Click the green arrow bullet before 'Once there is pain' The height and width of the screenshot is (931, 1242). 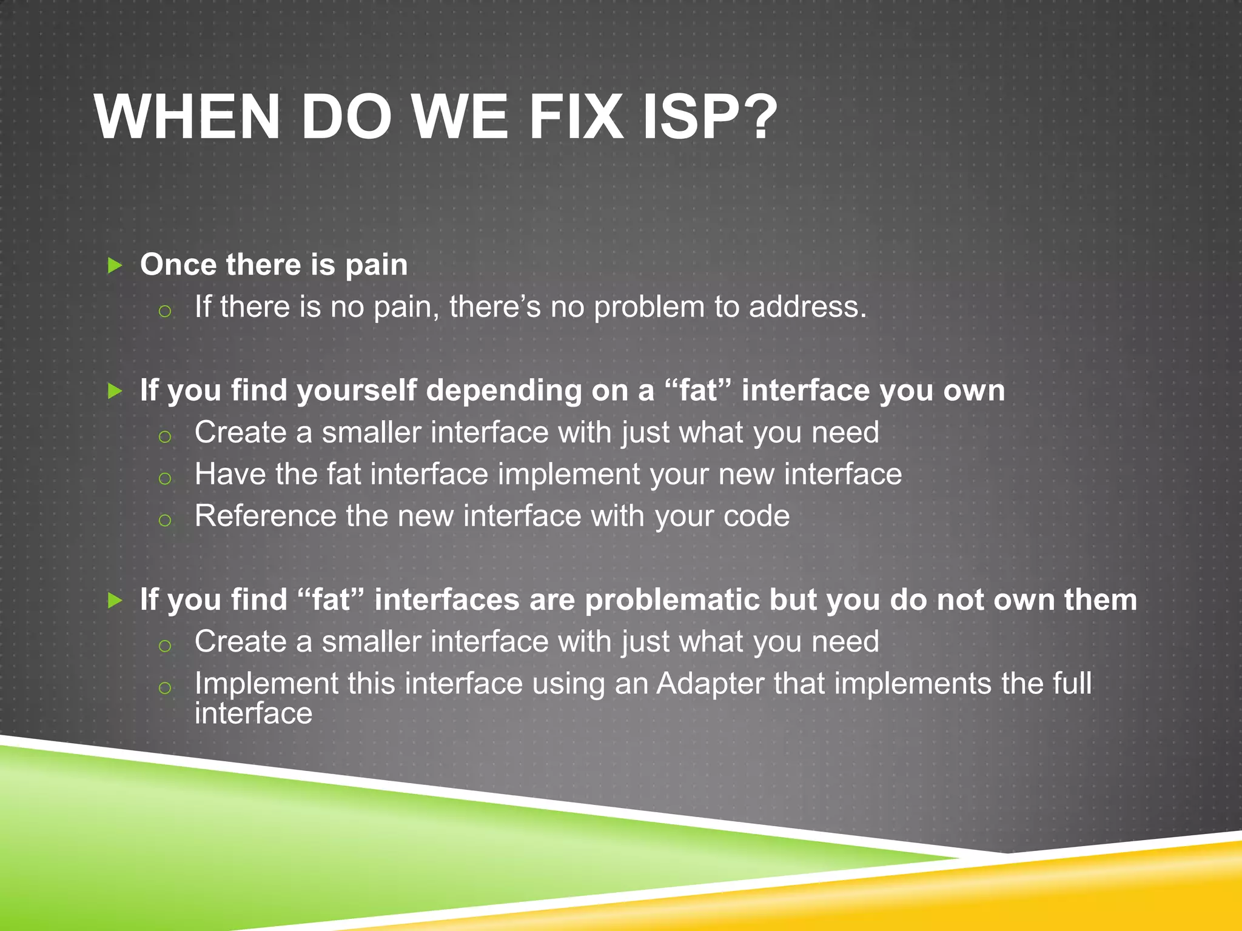pyautogui.click(x=115, y=265)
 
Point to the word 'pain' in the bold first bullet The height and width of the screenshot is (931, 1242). pyautogui.click(x=377, y=265)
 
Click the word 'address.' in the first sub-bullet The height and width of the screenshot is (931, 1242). pyautogui.click(x=808, y=307)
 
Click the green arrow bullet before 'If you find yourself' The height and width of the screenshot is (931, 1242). pyautogui.click(x=115, y=391)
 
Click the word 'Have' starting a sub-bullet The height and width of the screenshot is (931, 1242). pyautogui.click(x=230, y=474)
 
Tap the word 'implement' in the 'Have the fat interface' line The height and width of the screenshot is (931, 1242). pyautogui.click(x=569, y=474)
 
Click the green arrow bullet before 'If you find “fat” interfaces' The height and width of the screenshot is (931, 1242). pyautogui.click(x=115, y=601)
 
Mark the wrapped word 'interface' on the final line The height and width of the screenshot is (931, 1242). pyautogui.click(x=253, y=713)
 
